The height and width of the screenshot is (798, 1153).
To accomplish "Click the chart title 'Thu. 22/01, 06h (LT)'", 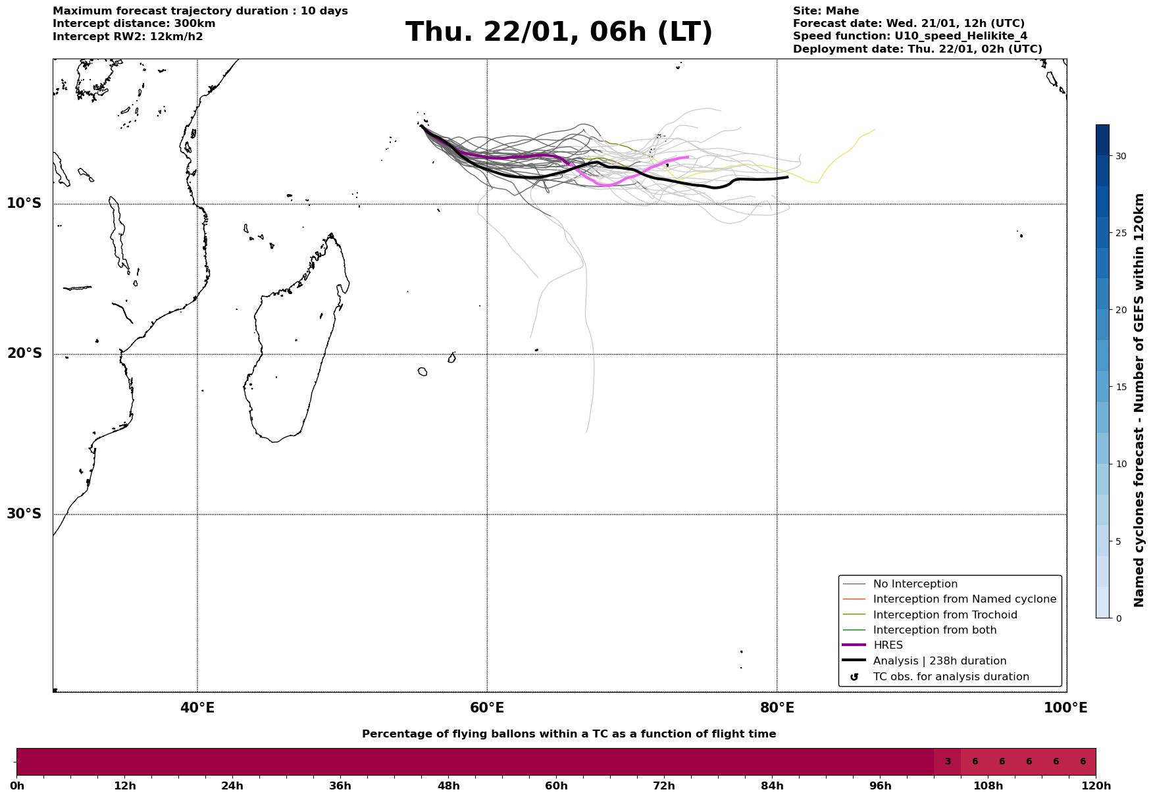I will pyautogui.click(x=559, y=32).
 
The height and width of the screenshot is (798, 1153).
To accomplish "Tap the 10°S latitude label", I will pyautogui.click(x=24, y=203).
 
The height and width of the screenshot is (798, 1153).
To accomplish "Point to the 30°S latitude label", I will pyautogui.click(x=24, y=514).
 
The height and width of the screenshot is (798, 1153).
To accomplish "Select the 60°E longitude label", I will pyautogui.click(x=487, y=708).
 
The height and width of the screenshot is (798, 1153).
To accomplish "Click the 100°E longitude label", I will pyautogui.click(x=1065, y=708).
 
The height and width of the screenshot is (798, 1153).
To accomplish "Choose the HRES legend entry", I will pyautogui.click(x=888, y=645).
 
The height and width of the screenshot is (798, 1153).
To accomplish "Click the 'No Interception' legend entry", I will pyautogui.click(x=915, y=584).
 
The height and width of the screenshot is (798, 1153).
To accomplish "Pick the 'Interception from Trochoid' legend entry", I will pyautogui.click(x=944, y=615).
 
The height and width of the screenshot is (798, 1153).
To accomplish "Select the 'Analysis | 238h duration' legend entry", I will pyautogui.click(x=939, y=661).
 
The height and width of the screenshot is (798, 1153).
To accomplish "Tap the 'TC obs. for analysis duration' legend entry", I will pyautogui.click(x=950, y=677).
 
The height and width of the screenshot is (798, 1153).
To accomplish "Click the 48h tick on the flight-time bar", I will pyautogui.click(x=448, y=786).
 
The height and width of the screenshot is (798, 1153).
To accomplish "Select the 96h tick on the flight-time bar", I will pyautogui.click(x=880, y=786).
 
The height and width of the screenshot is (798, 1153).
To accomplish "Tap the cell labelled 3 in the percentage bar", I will pyautogui.click(x=947, y=762).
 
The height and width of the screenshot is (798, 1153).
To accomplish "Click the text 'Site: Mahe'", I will pyautogui.click(x=825, y=11).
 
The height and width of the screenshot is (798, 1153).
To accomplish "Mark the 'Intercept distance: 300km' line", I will pyautogui.click(x=134, y=24).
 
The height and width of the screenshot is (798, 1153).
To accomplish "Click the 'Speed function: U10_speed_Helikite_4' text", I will pyautogui.click(x=910, y=36).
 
